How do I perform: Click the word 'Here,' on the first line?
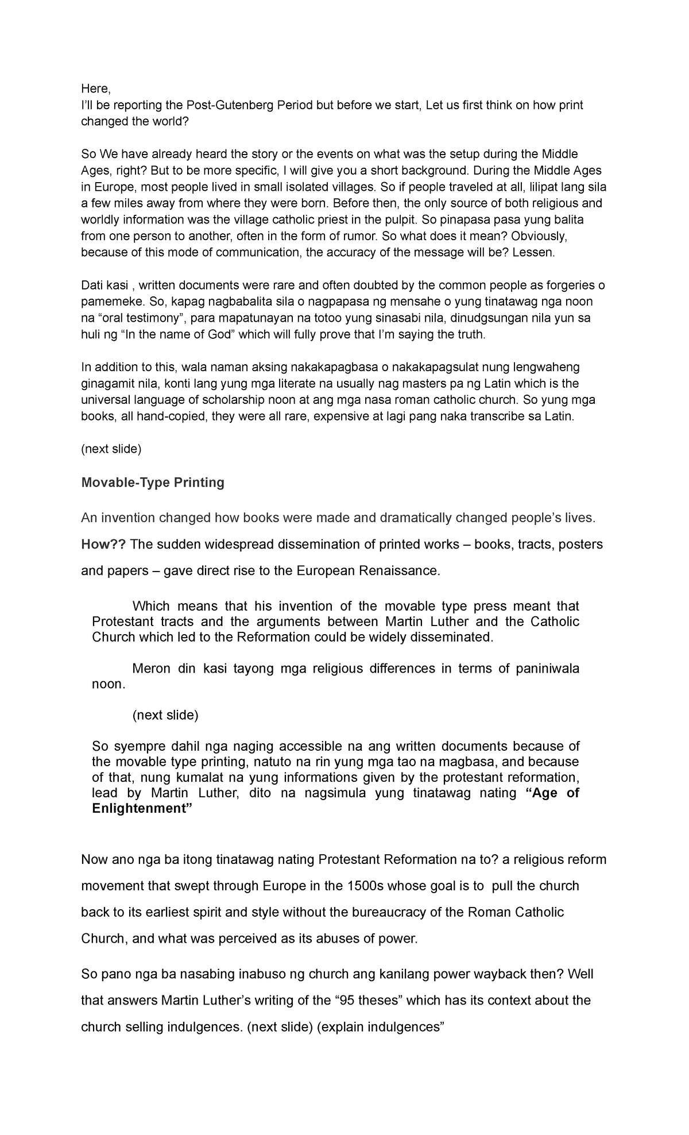[95, 88]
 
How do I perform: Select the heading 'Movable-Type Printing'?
[153, 482]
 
